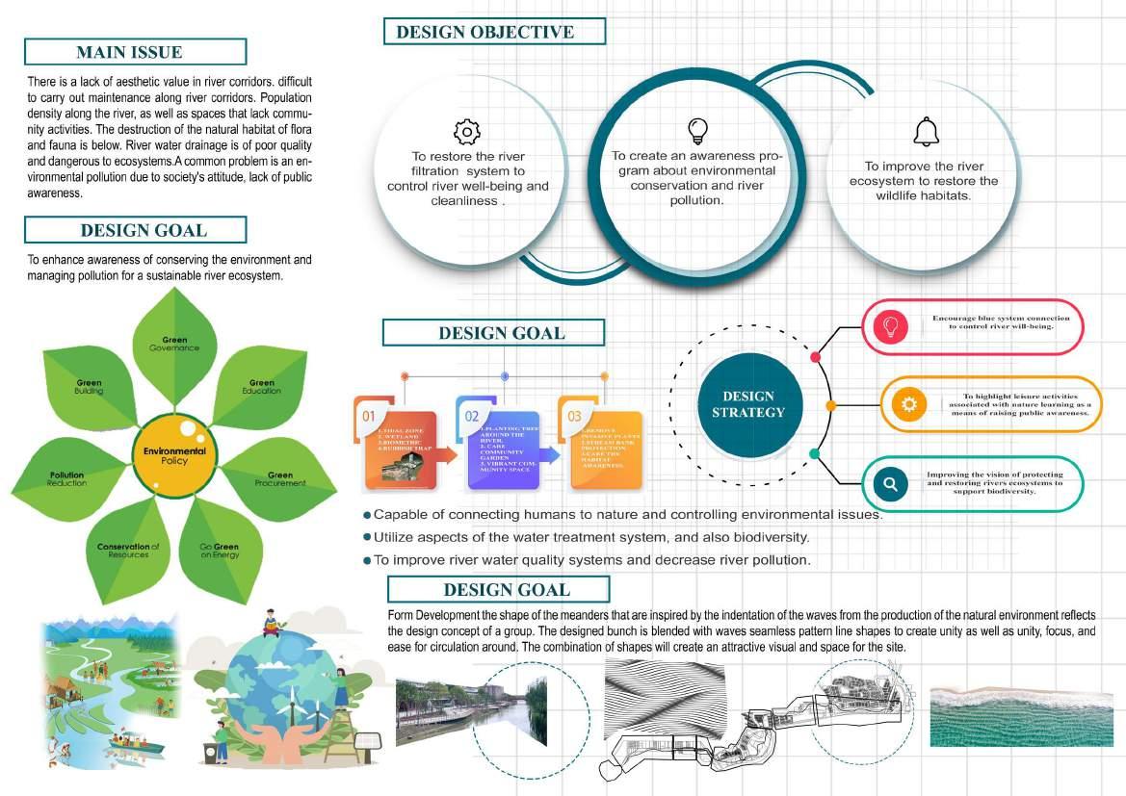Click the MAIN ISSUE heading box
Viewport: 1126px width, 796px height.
[135, 52]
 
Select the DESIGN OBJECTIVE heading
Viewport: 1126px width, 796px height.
[494, 32]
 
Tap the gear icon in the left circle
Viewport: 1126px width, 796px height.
[466, 132]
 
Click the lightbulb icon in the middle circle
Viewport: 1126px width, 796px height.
[696, 130]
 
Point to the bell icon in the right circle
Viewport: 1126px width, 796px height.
[926, 132]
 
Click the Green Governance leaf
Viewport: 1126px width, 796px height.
[173, 337]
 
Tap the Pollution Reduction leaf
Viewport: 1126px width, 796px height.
[69, 478]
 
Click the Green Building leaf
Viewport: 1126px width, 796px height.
[90, 385]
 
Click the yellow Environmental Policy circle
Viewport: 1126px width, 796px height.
[174, 455]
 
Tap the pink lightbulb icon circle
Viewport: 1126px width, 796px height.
[891, 326]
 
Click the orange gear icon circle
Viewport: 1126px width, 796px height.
[907, 404]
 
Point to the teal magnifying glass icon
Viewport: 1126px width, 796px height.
[891, 484]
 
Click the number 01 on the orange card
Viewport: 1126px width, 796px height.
[368, 416]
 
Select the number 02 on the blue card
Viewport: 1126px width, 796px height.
[472, 416]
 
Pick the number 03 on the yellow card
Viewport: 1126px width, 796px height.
[575, 416]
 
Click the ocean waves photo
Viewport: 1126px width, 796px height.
[1021, 716]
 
